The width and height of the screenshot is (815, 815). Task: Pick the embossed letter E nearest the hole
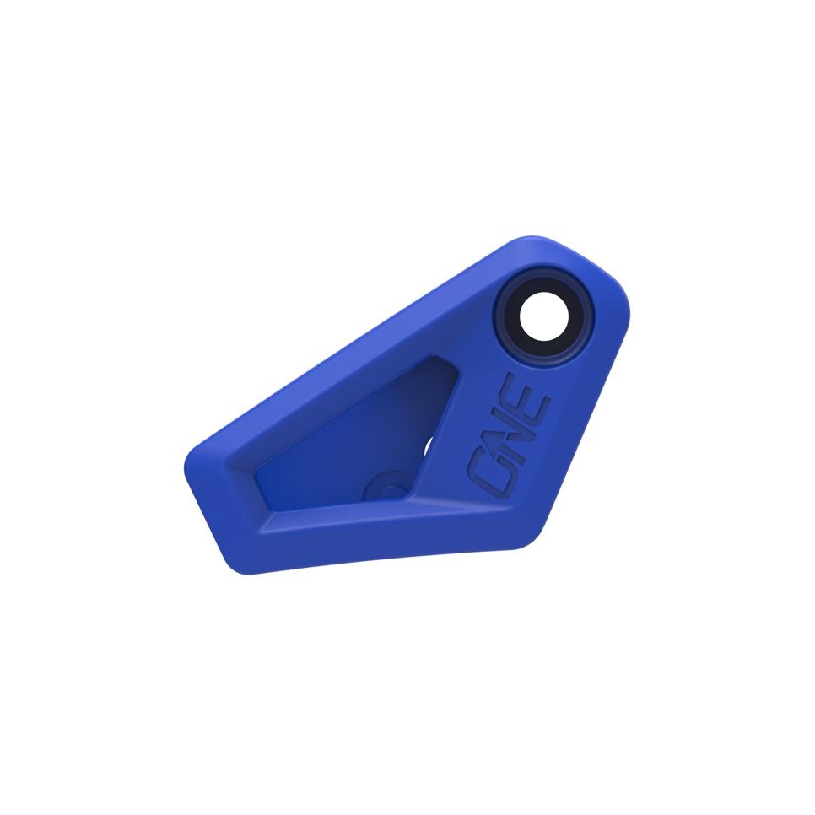click(535, 398)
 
